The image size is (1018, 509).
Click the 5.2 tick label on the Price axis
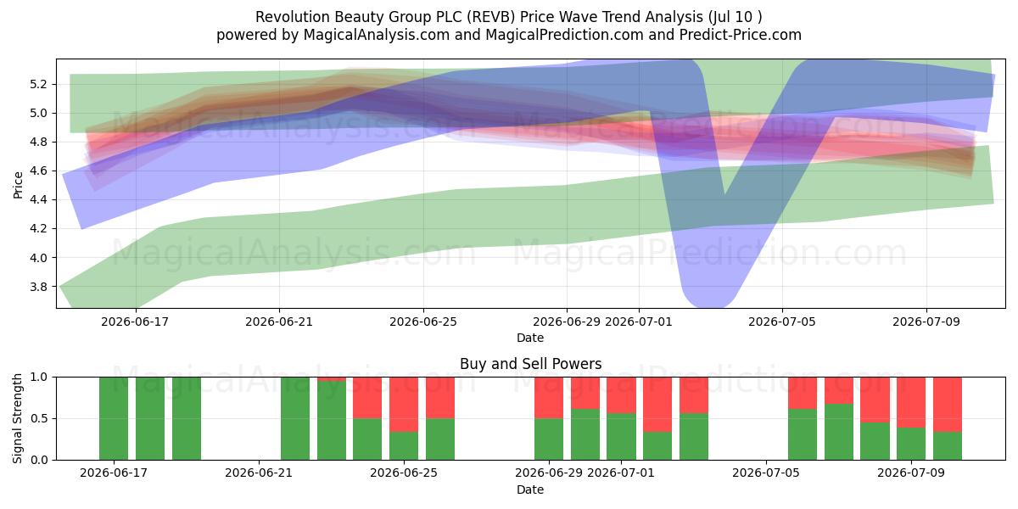point(39,85)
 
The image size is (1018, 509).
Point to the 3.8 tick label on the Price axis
point(39,287)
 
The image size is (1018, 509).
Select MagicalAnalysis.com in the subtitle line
point(377,35)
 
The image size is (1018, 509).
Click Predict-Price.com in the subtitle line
point(741,35)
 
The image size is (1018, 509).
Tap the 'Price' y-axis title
point(18,185)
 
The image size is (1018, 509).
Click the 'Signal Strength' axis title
point(17,418)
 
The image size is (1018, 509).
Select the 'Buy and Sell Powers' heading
point(531,364)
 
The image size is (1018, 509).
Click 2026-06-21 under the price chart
point(279,322)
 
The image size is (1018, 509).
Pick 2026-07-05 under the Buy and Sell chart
point(766,473)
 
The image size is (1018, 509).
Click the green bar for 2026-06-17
point(114,418)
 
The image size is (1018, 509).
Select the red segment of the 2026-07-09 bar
point(911,402)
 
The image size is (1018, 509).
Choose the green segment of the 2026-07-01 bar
point(621,437)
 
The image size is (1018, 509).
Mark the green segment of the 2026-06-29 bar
point(549,439)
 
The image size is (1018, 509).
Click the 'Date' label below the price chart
point(530,338)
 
